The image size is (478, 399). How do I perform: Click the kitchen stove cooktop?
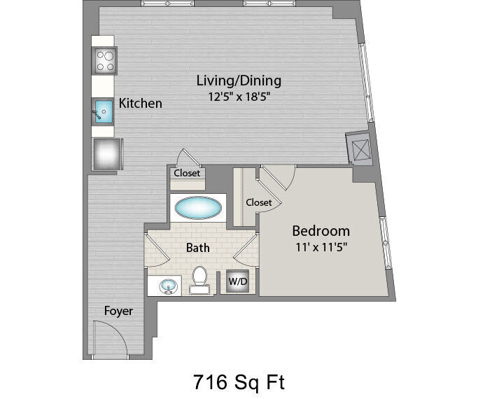[105, 61]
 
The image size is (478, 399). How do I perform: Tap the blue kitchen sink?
[104, 111]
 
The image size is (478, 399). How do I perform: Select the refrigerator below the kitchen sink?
[107, 154]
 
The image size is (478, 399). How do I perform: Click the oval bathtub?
[198, 208]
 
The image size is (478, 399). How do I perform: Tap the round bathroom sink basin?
[168, 286]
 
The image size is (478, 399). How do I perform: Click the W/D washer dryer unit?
[238, 281]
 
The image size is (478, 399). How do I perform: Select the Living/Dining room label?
[239, 80]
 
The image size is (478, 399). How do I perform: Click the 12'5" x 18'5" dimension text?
[239, 97]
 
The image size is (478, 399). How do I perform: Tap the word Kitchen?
[140, 104]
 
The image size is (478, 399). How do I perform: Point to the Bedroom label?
[321, 231]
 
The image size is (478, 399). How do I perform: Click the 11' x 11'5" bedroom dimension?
[322, 247]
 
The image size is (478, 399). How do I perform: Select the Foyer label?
[118, 311]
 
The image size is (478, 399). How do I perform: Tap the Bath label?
[198, 248]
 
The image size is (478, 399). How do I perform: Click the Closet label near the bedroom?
[259, 202]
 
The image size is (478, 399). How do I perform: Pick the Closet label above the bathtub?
[187, 173]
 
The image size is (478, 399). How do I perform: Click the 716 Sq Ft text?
[239, 382]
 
